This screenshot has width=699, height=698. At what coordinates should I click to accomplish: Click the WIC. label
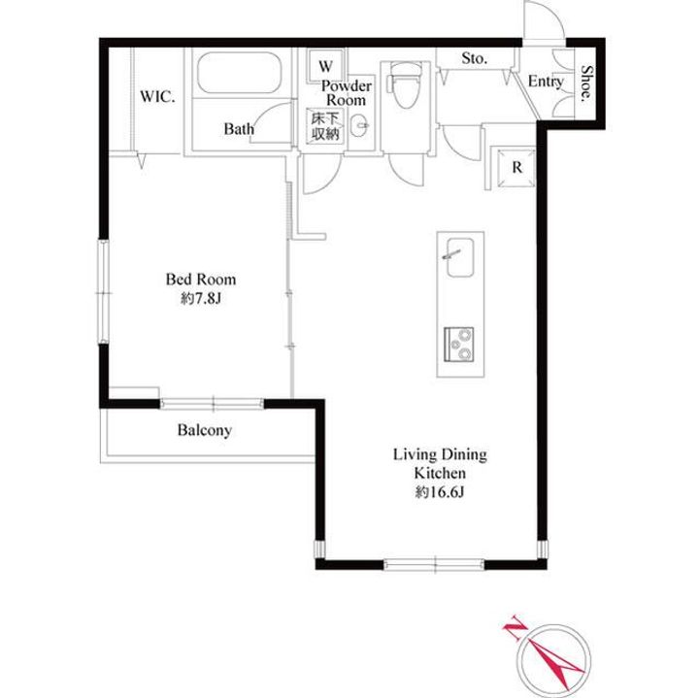(157, 97)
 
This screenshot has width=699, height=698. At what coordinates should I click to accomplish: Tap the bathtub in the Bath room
(240, 73)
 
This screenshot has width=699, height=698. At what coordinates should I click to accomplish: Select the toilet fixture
(404, 85)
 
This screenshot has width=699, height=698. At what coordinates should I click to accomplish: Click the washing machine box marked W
(325, 66)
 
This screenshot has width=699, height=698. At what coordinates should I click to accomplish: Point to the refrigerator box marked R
(516, 168)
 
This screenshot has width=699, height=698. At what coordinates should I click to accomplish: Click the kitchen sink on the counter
(459, 257)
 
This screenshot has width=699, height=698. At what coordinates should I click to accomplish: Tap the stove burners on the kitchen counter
(458, 344)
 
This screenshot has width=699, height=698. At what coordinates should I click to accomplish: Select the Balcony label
(205, 431)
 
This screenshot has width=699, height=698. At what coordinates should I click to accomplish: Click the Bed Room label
(201, 280)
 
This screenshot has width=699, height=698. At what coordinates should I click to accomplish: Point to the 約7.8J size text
(201, 298)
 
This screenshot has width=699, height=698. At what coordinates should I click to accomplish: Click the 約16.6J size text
(440, 491)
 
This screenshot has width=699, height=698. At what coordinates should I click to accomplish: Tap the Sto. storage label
(475, 58)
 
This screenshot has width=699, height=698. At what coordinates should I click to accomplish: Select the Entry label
(546, 82)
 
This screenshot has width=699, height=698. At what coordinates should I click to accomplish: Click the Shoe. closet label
(587, 83)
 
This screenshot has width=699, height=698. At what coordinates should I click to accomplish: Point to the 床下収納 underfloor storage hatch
(325, 126)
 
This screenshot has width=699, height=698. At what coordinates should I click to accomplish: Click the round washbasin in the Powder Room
(359, 125)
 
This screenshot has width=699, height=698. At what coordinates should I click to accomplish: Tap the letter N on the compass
(515, 627)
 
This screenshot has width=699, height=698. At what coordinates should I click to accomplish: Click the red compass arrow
(553, 663)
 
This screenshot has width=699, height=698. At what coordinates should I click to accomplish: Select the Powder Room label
(347, 92)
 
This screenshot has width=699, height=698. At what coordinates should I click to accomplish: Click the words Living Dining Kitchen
(440, 463)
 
